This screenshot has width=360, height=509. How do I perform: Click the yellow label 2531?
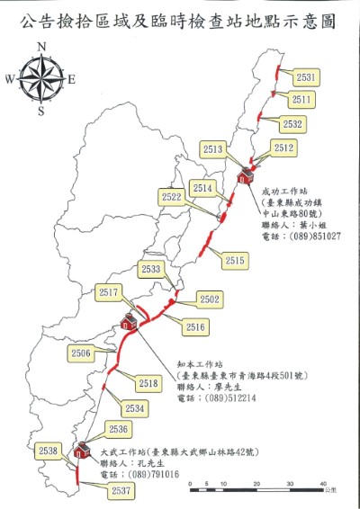pyautogui.click(x=306, y=78)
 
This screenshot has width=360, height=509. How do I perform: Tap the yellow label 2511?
pyautogui.click(x=302, y=100)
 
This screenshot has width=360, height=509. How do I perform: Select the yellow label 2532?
pyautogui.click(x=292, y=123)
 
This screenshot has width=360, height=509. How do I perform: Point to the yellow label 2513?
pyautogui.click(x=214, y=148)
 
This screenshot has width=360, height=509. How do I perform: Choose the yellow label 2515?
pyautogui.click(x=236, y=260)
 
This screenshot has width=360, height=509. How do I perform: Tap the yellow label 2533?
pyautogui.click(x=152, y=270)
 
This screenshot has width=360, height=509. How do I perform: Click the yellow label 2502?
pyautogui.click(x=210, y=299)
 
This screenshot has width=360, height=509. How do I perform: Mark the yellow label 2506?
pyautogui.click(x=81, y=353)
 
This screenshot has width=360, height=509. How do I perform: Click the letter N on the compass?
pyautogui.click(x=40, y=49)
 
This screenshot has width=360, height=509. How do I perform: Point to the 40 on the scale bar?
pyautogui.click(x=323, y=485)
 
